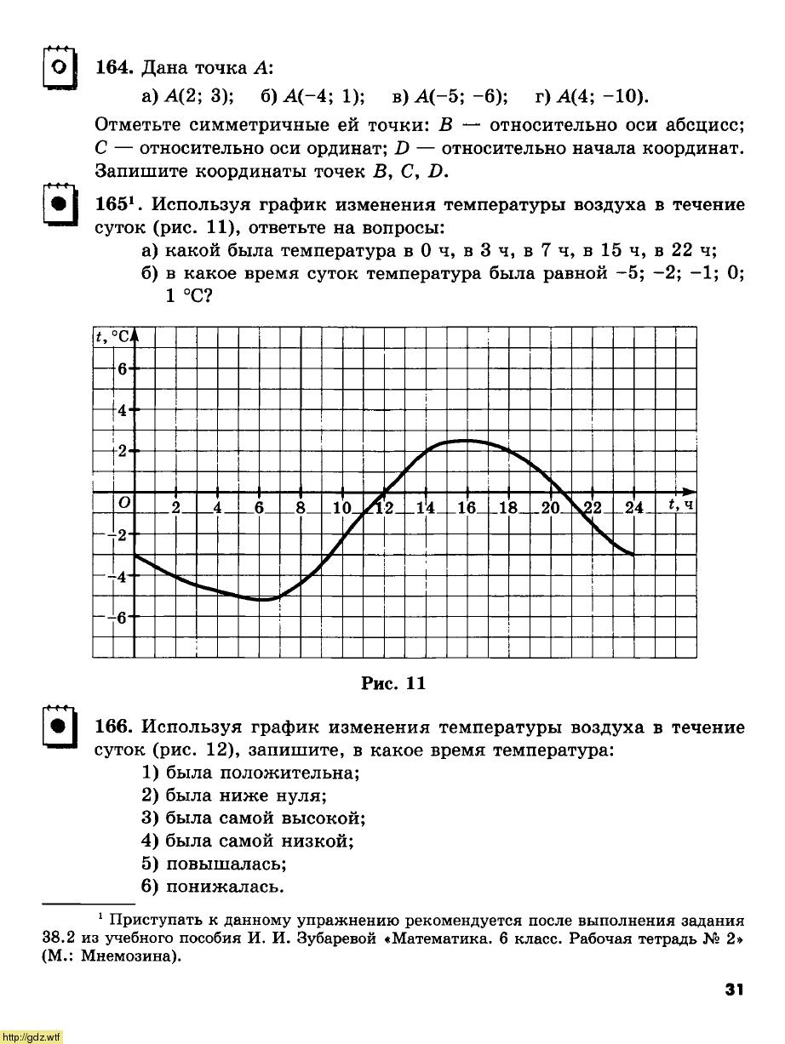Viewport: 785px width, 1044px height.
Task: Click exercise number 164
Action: click(112, 68)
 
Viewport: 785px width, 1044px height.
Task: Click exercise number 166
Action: click(112, 727)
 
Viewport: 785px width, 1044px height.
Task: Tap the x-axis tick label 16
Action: click(467, 508)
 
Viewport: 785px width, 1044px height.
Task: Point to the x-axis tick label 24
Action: click(633, 508)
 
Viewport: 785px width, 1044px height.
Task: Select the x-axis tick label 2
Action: click(175, 508)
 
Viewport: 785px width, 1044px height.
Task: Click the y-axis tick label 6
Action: click(122, 369)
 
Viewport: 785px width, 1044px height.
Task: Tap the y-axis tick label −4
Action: click(119, 577)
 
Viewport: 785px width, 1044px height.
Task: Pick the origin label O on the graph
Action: click(124, 504)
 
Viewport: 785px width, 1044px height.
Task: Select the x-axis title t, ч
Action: click(679, 505)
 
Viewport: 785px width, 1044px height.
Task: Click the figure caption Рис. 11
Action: click(392, 683)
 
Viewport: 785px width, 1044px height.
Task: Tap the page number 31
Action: click(734, 989)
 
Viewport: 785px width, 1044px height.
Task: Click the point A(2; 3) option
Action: click(188, 95)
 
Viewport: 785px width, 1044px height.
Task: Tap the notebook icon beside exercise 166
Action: click(57, 727)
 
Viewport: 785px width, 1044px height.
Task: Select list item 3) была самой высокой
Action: click(254, 819)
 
